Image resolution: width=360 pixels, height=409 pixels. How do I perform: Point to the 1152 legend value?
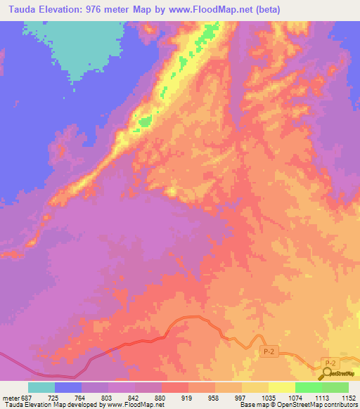point(349,397)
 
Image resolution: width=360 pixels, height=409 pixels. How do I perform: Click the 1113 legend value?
point(323,397)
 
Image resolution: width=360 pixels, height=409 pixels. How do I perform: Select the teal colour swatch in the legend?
point(41,387)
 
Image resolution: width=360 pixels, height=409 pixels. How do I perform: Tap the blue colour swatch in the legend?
point(68,387)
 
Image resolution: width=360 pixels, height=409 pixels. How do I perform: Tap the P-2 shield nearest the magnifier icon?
point(328,362)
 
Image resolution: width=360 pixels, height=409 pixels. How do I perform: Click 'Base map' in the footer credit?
point(252,405)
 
